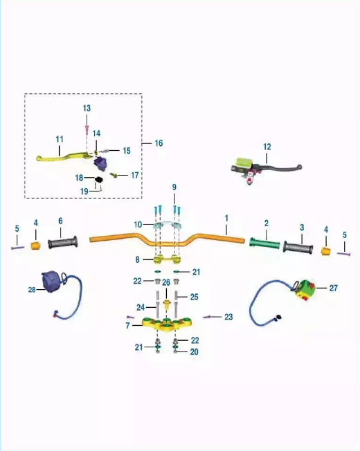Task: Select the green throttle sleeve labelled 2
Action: tap(264, 243)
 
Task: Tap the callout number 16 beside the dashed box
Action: tap(159, 143)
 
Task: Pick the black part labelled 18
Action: tap(99, 180)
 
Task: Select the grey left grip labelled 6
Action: tap(63, 243)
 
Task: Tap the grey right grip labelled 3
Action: tap(298, 248)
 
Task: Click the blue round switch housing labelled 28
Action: tap(51, 282)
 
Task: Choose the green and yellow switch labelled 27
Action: tap(305, 288)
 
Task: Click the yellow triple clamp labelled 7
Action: tap(167, 324)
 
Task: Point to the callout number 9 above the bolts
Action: tap(174, 187)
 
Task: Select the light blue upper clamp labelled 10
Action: tap(168, 225)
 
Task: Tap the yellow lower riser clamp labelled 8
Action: tap(168, 259)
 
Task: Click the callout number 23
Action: tap(228, 317)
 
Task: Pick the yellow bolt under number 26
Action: tap(166, 304)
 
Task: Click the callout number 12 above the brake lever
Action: tap(267, 147)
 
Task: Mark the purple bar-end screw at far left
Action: tap(17, 248)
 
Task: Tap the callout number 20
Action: tap(195, 352)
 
